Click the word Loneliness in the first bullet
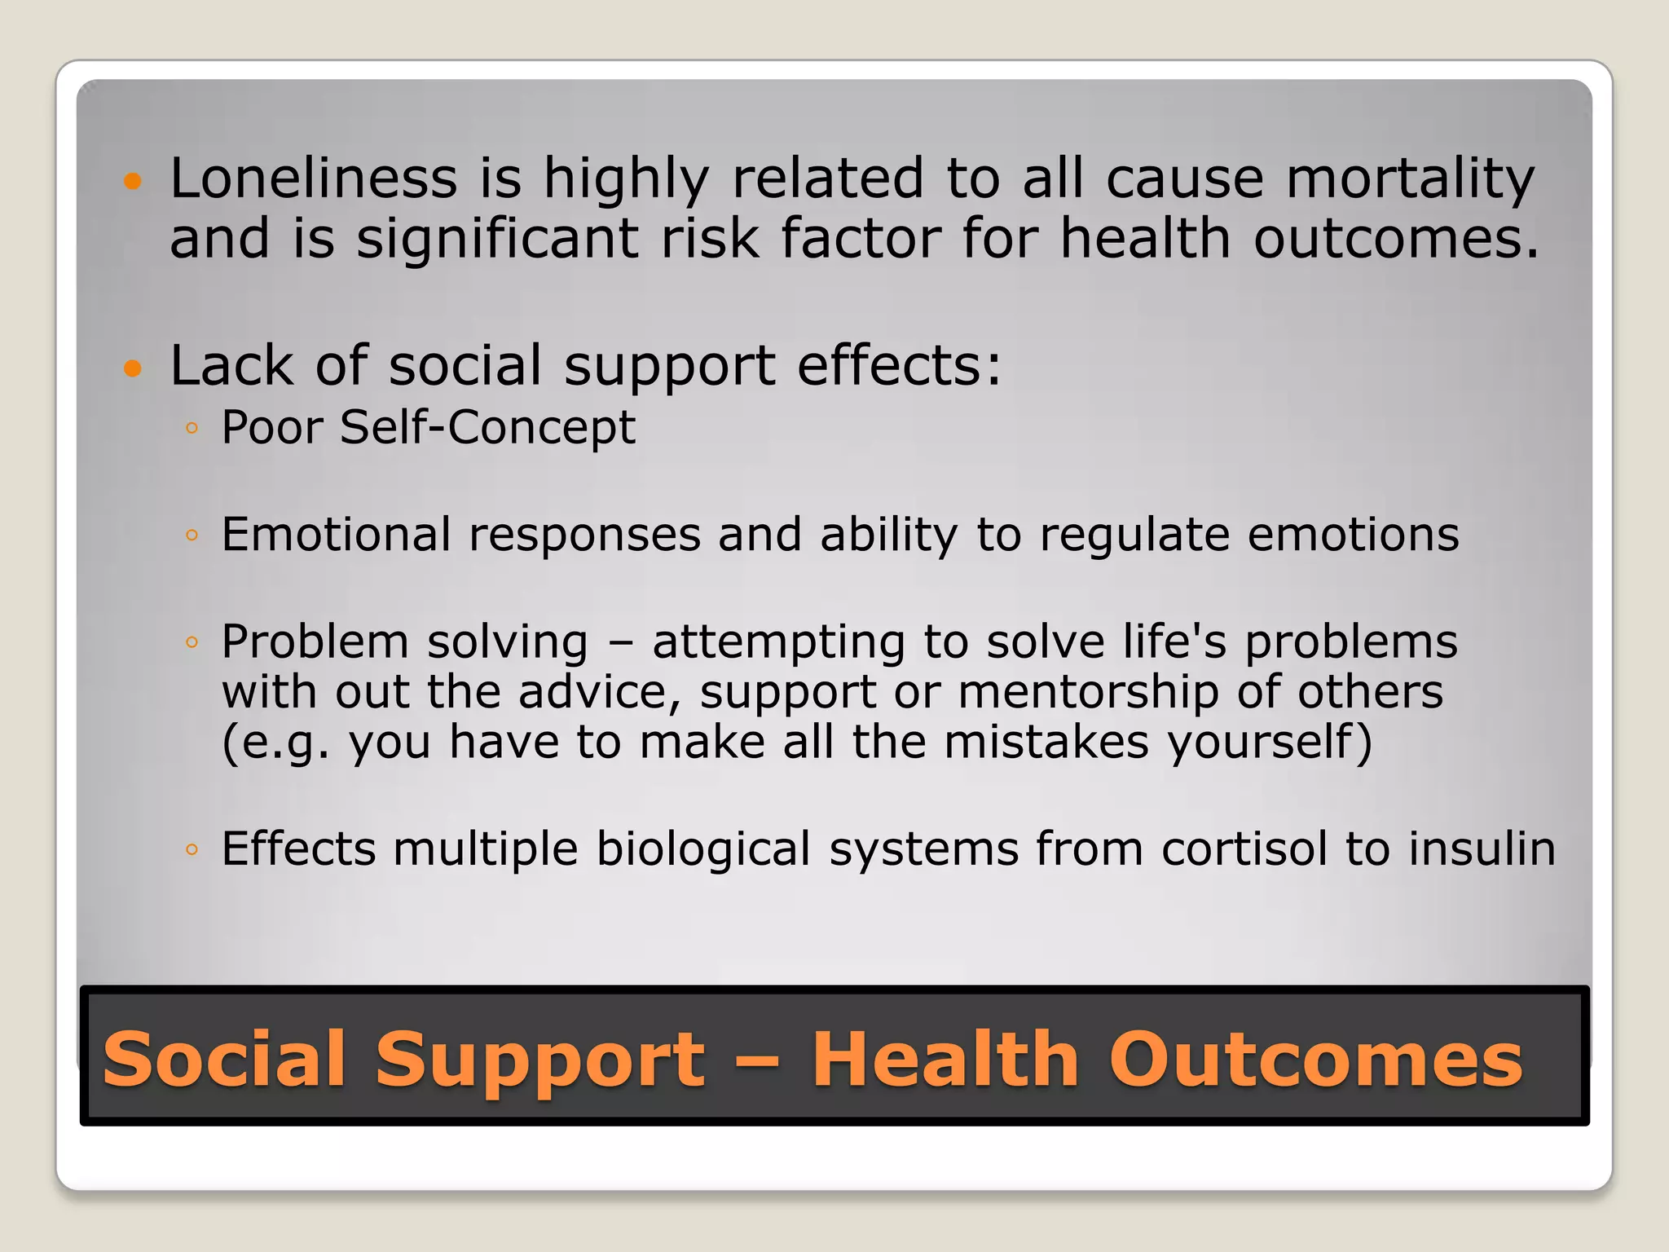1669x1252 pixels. coord(313,178)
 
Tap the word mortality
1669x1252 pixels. coord(1410,178)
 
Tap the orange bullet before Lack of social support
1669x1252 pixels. coord(133,368)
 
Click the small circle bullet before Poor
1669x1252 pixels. coord(192,429)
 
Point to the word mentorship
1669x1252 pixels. coord(1087,692)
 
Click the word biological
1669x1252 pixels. coord(703,849)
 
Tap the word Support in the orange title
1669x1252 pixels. coord(539,1059)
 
